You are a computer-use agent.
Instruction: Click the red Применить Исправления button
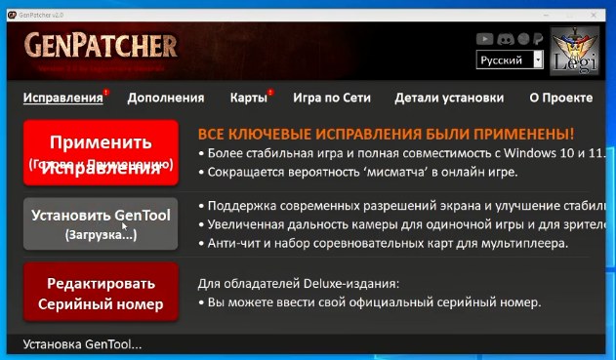101,152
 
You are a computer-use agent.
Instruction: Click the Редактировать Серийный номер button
101,294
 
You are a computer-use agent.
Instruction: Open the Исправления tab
62,98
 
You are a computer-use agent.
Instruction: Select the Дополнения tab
165,98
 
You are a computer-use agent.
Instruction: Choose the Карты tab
248,98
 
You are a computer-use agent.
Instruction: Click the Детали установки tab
449,98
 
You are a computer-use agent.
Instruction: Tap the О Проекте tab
560,98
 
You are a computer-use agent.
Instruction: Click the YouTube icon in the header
484,39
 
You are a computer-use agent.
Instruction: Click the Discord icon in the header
505,39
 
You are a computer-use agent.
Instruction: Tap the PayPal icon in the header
536,39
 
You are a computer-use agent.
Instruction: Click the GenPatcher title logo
101,46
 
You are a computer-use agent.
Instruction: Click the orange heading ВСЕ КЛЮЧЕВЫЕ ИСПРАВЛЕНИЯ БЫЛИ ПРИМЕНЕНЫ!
386,134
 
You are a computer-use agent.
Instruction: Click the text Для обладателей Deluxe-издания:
298,284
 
